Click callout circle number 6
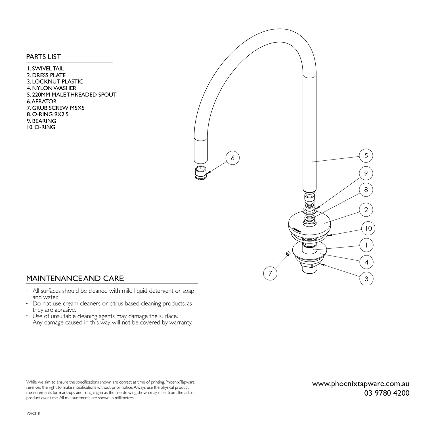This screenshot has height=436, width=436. [x=233, y=158]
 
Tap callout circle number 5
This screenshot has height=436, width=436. [x=366, y=156]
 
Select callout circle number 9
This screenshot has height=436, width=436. [x=366, y=173]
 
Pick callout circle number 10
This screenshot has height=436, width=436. [x=368, y=228]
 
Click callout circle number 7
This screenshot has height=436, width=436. [x=270, y=273]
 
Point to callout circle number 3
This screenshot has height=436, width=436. [x=366, y=279]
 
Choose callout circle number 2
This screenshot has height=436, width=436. [x=366, y=210]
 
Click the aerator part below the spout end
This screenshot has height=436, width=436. [x=201, y=172]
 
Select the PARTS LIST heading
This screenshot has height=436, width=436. [x=43, y=57]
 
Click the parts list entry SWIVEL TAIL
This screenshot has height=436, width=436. [x=45, y=68]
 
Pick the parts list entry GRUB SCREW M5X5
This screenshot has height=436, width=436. [x=56, y=108]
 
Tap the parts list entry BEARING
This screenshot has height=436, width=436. [x=41, y=121]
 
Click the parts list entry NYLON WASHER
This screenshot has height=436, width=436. [x=52, y=88]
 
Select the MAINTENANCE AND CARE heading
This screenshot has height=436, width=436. [x=75, y=278]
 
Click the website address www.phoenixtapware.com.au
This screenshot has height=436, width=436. [x=361, y=384]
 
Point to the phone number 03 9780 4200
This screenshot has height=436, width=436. [x=387, y=393]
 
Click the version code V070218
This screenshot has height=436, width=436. [x=33, y=414]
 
